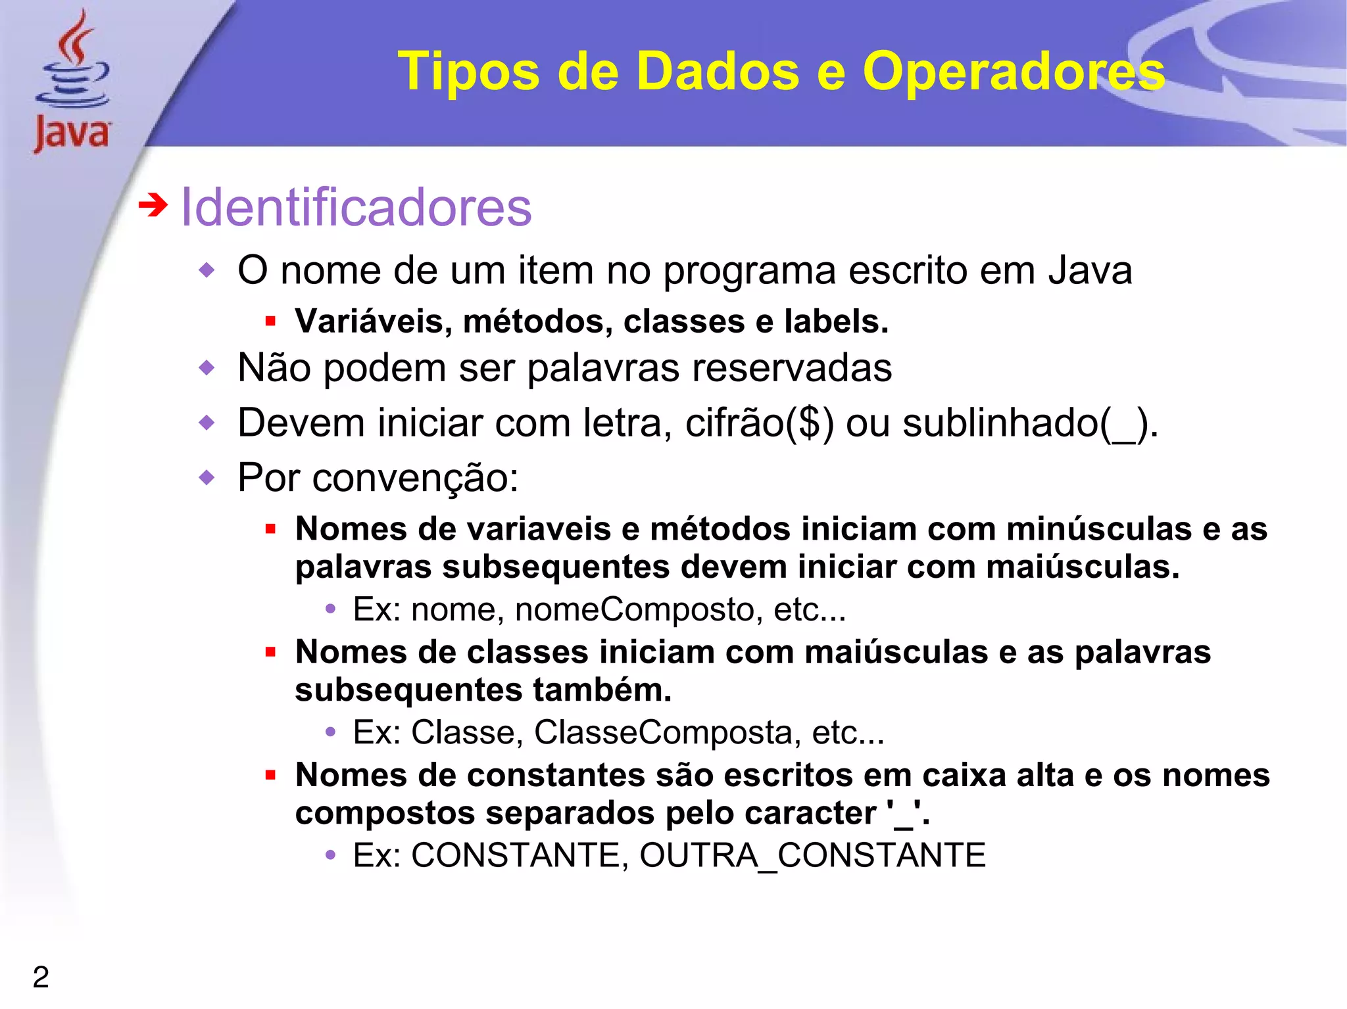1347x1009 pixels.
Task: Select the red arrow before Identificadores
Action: pos(153,206)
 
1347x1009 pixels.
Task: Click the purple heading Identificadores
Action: pos(356,208)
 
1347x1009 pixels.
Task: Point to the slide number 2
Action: pos(41,977)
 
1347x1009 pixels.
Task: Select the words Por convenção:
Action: pos(378,478)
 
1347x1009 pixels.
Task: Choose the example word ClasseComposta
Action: pos(667,732)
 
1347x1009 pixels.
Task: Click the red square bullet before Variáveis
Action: pos(270,322)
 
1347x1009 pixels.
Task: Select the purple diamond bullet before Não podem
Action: pos(207,367)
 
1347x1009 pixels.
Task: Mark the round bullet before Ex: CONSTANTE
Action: pos(331,855)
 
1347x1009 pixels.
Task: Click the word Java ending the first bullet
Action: pos(1090,271)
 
